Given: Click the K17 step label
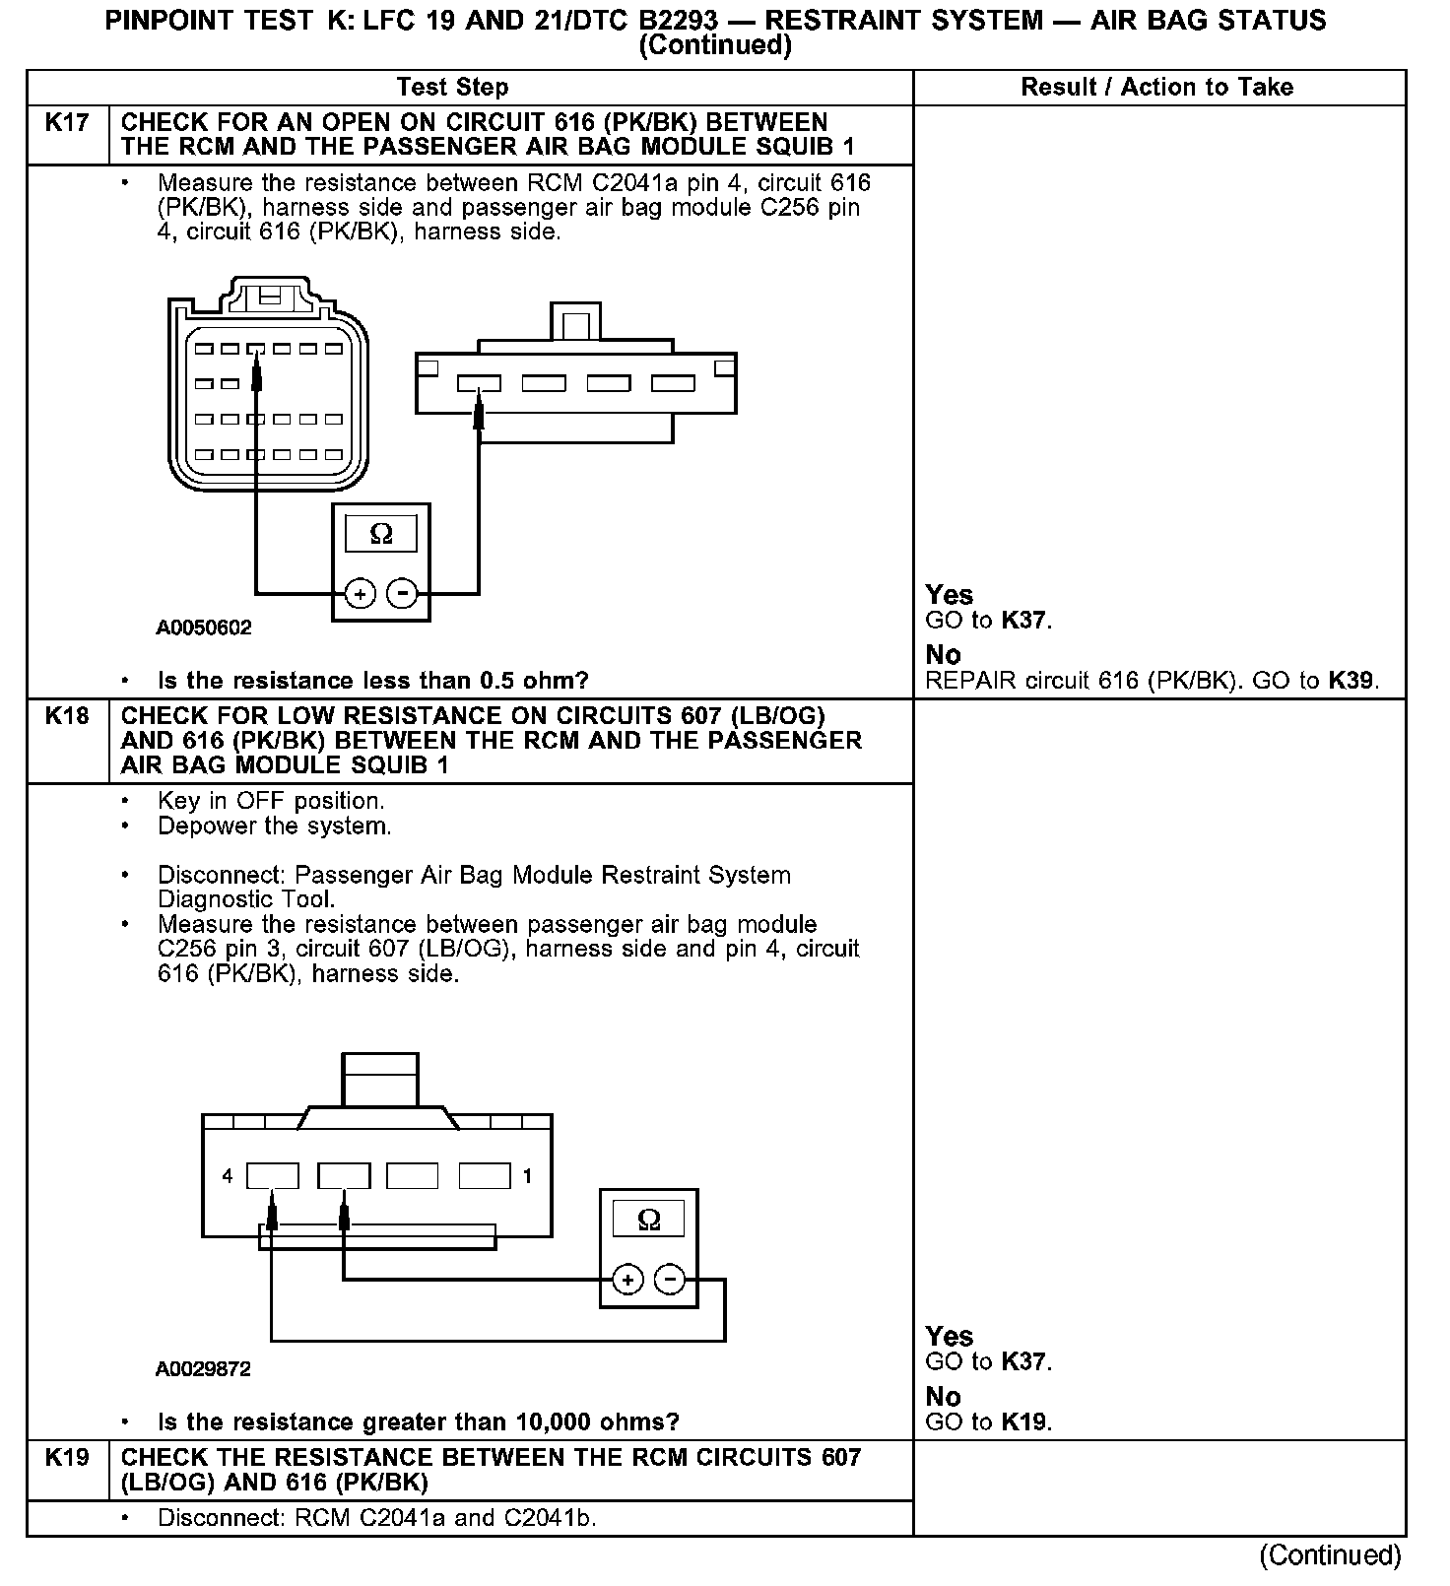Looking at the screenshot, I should tap(67, 123).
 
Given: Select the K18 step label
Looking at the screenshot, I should tap(67, 716).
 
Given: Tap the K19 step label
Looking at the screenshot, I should tap(67, 1458).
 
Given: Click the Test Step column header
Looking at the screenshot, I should tap(452, 88).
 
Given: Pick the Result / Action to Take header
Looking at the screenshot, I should tap(1156, 88).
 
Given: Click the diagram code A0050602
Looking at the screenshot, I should tap(204, 628).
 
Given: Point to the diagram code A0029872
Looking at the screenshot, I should tap(203, 1369).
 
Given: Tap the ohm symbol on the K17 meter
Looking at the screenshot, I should tap(380, 534).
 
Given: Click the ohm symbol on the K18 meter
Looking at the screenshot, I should tap(648, 1220).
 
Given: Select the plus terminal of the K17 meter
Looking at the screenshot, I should tap(361, 594).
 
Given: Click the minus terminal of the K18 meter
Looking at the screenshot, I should tap(670, 1280).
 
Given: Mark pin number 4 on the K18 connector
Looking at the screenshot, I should tap(228, 1176).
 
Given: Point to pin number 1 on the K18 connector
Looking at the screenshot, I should tap(528, 1176).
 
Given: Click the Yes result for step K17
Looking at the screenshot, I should tap(950, 595).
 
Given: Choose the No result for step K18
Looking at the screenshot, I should tap(944, 1397).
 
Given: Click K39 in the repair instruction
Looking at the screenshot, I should tap(1351, 681).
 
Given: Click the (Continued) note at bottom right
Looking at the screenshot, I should tap(1330, 1555).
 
